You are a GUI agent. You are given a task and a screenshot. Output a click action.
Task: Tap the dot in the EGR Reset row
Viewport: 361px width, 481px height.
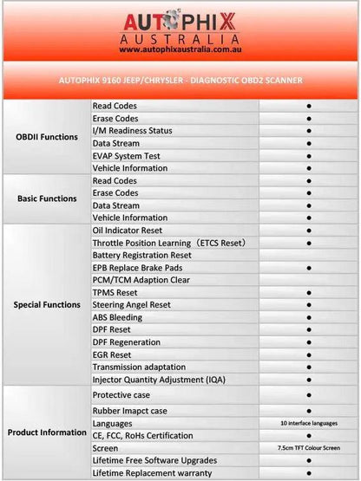coord(309,355)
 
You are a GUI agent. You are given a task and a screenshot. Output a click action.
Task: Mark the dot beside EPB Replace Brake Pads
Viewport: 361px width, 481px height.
coord(309,268)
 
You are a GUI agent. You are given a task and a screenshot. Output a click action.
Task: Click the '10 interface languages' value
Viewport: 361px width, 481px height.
coord(309,423)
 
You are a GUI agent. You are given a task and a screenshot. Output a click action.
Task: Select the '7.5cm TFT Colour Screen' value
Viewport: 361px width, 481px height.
coord(309,448)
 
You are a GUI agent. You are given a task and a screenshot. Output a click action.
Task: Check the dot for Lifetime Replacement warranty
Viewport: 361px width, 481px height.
coord(309,473)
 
